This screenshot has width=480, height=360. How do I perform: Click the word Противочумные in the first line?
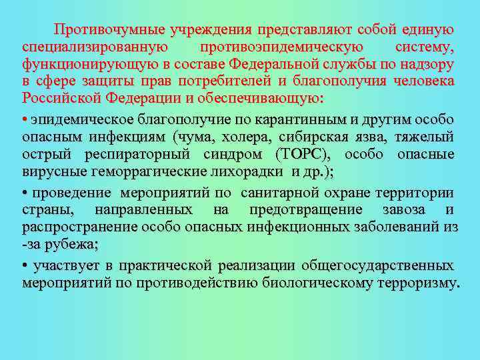(x=110, y=30)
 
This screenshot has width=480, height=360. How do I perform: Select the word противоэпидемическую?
(x=282, y=47)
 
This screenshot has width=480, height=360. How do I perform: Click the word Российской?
(x=60, y=99)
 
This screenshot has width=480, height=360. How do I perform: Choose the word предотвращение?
(x=306, y=210)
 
